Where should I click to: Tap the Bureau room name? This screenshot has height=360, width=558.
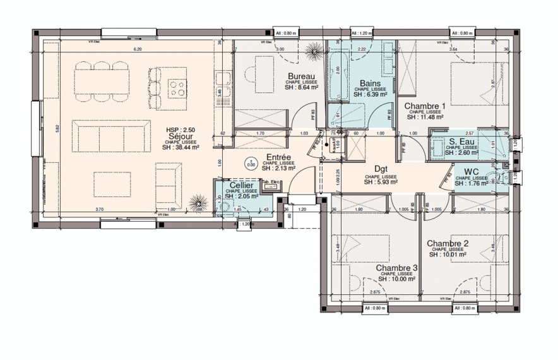[x=294, y=76]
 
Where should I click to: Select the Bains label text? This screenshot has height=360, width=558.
[x=370, y=83]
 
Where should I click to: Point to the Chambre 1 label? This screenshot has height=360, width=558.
[x=425, y=105]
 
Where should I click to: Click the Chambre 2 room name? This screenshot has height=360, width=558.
[x=448, y=244]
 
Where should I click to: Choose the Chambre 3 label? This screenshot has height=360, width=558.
[x=397, y=268]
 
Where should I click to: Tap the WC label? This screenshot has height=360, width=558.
[x=472, y=172]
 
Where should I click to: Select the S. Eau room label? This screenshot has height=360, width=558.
[x=462, y=142]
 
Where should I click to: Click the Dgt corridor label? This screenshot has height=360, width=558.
[x=381, y=169]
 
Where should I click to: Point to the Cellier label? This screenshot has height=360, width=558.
[x=240, y=185]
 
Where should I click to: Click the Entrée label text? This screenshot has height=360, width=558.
[x=278, y=157]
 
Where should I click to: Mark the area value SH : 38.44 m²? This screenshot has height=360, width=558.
[x=182, y=147]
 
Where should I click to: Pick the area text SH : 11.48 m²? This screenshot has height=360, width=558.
[x=425, y=117]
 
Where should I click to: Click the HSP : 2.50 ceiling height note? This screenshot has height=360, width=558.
[x=181, y=129]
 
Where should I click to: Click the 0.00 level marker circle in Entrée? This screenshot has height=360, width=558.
[x=251, y=162]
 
